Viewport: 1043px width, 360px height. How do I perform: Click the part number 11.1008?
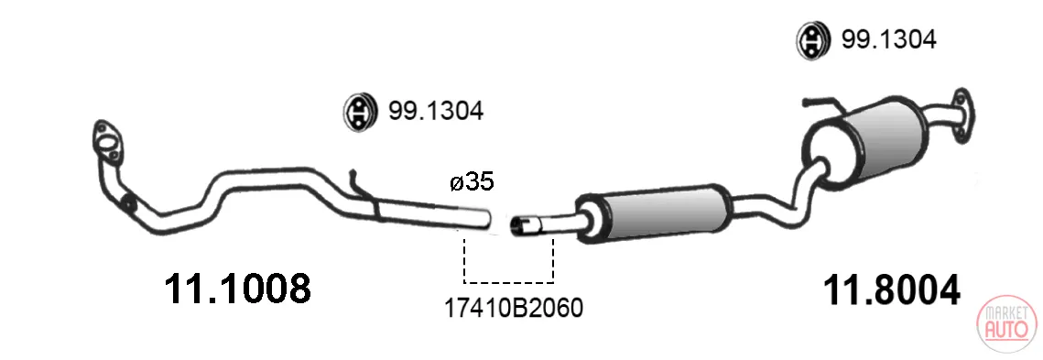[237, 289]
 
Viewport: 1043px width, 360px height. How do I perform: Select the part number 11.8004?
[892, 290]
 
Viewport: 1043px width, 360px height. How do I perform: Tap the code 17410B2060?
[513, 308]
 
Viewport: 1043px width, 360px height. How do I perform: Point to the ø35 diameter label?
[472, 181]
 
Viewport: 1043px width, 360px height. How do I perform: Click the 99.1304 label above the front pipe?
[436, 111]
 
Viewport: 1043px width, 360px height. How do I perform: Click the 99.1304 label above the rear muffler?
[888, 40]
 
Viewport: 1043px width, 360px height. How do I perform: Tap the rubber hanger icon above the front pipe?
[360, 111]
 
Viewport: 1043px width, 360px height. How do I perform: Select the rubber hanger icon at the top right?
[812, 40]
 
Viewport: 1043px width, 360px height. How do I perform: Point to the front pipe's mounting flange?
[107, 143]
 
